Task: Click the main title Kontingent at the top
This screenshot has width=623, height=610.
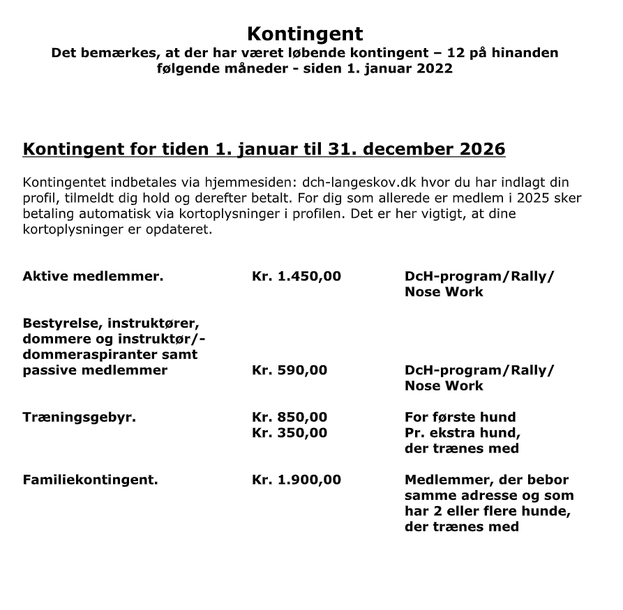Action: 305,33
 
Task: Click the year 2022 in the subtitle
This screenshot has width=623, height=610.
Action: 434,68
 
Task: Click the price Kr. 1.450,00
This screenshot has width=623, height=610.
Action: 296,276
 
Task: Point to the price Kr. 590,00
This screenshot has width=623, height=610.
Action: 289,370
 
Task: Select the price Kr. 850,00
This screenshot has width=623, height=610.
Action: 289,417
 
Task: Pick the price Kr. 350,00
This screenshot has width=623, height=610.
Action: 289,432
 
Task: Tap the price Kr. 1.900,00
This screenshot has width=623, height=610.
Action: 296,480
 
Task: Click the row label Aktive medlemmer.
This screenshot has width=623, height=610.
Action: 93,276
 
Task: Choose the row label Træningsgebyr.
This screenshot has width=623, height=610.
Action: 79,417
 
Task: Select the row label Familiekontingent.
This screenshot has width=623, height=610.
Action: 90,480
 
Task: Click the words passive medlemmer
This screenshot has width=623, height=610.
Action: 95,370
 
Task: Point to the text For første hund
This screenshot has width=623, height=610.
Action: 460,417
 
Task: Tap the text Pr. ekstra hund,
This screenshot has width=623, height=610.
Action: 463,432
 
